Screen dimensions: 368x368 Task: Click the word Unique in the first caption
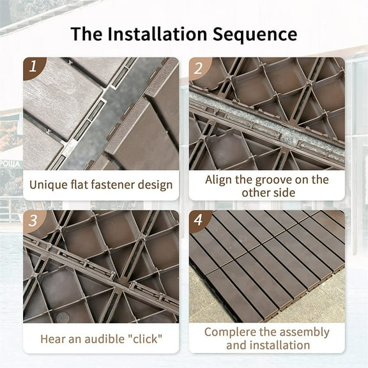coord(50,185)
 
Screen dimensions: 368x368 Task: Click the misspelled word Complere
coord(231,332)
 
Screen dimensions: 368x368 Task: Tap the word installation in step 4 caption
coord(282,346)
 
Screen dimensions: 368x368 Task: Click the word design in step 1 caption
coord(156,185)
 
